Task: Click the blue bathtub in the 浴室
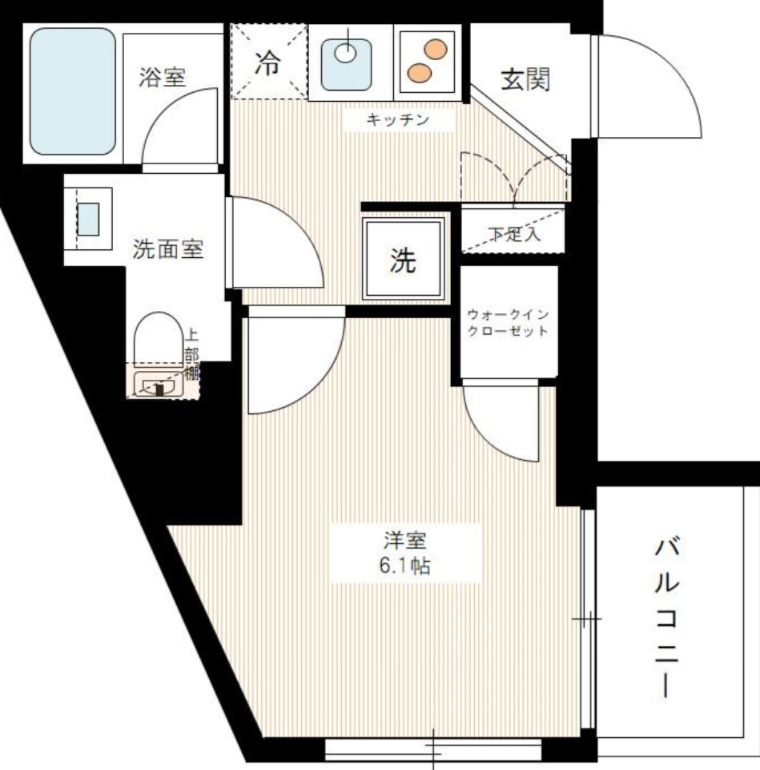(73, 91)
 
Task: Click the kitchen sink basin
(347, 58)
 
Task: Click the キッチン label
(398, 120)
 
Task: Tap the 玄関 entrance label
(525, 79)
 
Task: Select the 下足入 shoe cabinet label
(515, 234)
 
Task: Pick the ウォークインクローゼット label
(509, 324)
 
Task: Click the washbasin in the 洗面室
(88, 219)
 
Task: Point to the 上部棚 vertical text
(192, 353)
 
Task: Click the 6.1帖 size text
(405, 566)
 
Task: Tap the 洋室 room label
(405, 540)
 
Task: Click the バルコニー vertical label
(667, 617)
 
